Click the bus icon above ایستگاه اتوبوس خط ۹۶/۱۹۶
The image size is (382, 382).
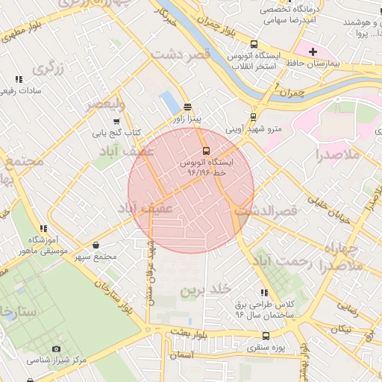click(x=207, y=149)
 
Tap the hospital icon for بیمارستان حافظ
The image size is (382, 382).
click(x=313, y=51)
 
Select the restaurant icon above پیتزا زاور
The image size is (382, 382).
click(x=187, y=107)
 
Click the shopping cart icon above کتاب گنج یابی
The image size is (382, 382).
click(x=116, y=121)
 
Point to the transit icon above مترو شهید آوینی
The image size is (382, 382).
click(x=254, y=116)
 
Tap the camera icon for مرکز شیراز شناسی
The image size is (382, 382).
click(x=57, y=348)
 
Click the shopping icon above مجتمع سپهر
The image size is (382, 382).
click(x=96, y=245)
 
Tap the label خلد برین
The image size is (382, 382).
click(x=210, y=288)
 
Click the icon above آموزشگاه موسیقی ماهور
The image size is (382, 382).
click(x=43, y=228)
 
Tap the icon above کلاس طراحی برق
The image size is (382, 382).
click(x=263, y=292)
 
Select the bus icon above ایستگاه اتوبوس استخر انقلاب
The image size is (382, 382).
click(x=254, y=44)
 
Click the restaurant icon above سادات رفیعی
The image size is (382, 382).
click(x=18, y=78)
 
